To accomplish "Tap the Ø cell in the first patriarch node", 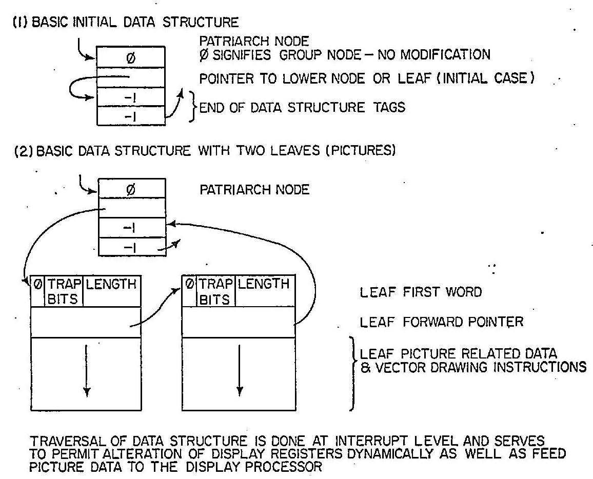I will click(x=131, y=57).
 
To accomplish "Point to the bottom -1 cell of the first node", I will click(x=131, y=115).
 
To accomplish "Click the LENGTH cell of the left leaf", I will click(x=111, y=284).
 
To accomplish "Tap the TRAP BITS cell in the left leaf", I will click(x=63, y=291).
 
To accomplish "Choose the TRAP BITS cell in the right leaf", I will click(x=215, y=291).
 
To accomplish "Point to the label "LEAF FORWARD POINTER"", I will click(x=442, y=323).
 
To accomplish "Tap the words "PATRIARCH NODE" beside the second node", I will click(x=254, y=190).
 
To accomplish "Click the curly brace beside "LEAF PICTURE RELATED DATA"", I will click(x=353, y=373).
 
